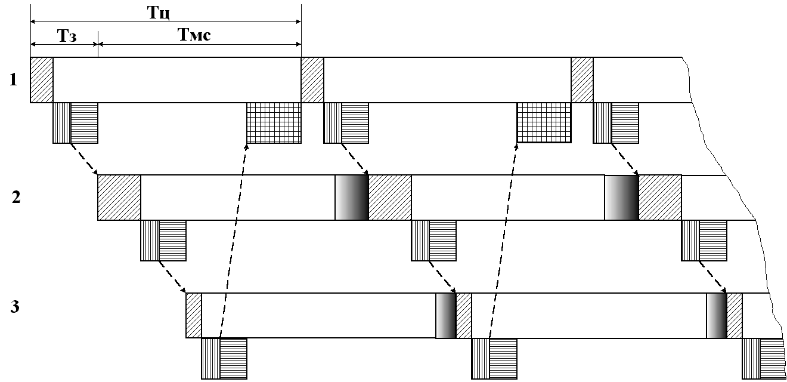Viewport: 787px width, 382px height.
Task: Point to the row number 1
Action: tap(13, 79)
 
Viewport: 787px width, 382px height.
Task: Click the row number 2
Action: tap(16, 197)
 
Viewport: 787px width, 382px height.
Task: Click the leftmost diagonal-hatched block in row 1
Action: tap(42, 80)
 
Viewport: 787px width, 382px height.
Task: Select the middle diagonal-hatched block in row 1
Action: tap(312, 80)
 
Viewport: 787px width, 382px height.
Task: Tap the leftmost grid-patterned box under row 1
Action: tap(274, 122)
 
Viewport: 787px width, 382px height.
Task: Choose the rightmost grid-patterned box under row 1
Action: tap(544, 122)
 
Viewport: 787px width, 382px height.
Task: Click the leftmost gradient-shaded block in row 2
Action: tap(352, 198)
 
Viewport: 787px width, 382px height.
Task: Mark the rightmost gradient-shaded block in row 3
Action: tap(716, 316)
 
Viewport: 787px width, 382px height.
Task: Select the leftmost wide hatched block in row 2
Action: tap(119, 198)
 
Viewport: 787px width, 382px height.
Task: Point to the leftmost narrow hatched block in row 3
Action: tap(194, 315)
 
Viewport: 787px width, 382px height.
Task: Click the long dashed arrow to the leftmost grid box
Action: tap(233, 239)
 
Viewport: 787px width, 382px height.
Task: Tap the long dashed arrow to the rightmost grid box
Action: tap(503, 239)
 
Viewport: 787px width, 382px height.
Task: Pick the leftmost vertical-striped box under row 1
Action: tap(62, 122)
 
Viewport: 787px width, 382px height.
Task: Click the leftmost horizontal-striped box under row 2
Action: tap(172, 241)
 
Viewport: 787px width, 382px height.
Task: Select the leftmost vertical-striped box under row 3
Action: tap(210, 358)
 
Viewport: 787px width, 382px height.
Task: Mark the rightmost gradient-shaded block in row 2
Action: tap(622, 198)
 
